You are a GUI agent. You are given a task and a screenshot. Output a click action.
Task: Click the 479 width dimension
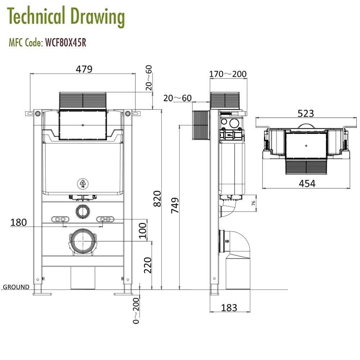click(x=84, y=69)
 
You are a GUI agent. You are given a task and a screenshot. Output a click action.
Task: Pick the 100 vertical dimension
click(x=143, y=230)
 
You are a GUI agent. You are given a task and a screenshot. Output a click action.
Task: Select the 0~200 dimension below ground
click(x=136, y=310)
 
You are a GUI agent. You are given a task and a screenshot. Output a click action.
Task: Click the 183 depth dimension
click(x=229, y=308)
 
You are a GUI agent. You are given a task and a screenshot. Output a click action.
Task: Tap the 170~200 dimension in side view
click(x=228, y=74)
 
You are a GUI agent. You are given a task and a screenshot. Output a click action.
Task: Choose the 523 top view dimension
click(x=306, y=113)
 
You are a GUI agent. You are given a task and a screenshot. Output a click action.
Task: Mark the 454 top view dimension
click(x=307, y=183)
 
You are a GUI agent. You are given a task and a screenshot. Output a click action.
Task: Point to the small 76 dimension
click(x=253, y=203)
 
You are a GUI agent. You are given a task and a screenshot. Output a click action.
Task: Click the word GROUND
click(x=16, y=287)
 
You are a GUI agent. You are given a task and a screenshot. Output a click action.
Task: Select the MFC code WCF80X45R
click(x=65, y=42)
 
